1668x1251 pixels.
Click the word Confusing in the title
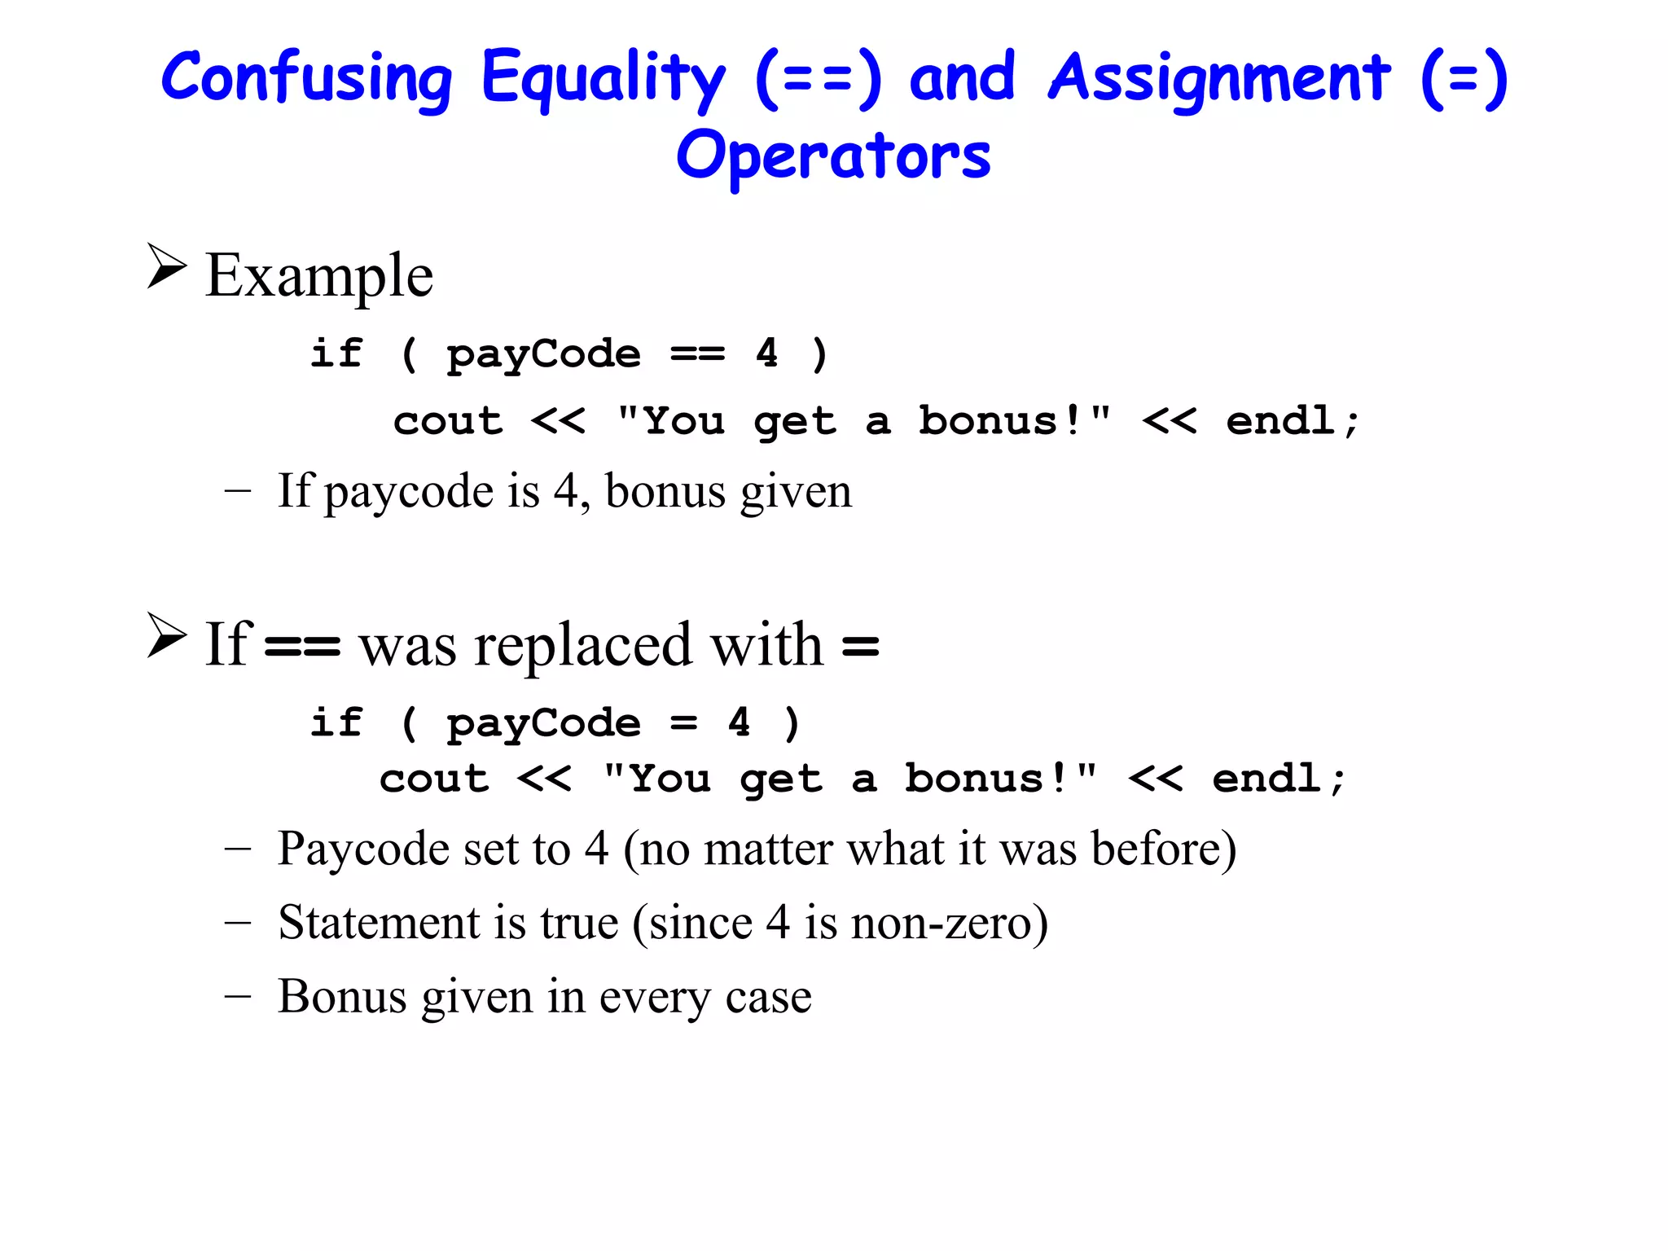[x=306, y=78]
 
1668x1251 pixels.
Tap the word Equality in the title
[x=603, y=78]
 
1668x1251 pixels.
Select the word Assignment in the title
[x=1219, y=78]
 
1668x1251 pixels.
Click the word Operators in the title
[x=833, y=156]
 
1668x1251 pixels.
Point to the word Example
[x=319, y=275]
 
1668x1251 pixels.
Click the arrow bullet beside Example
[x=167, y=266]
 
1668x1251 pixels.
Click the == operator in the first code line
[x=697, y=353]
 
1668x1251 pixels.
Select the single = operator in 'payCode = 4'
[x=684, y=722]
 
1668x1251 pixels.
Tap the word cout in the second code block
[x=434, y=779]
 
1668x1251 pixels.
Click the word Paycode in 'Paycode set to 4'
[x=363, y=849]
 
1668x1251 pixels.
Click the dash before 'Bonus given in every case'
[x=237, y=996]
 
